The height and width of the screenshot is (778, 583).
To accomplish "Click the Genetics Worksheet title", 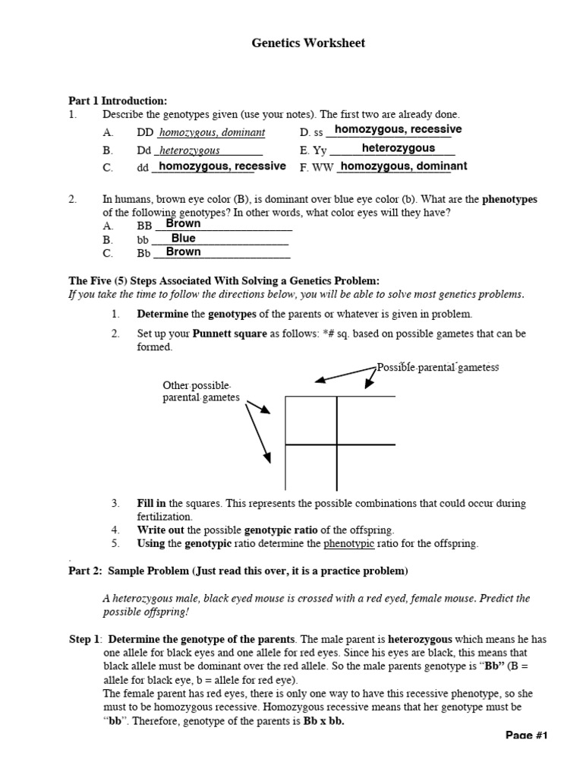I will click(x=308, y=43).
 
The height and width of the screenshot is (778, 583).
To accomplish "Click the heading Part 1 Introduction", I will click(x=118, y=101).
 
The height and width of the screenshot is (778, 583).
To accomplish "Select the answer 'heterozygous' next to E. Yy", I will click(x=398, y=148).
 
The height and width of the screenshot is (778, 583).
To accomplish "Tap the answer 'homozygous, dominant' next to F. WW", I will click(x=402, y=166).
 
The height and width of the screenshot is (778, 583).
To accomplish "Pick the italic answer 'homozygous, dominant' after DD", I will click(x=212, y=133).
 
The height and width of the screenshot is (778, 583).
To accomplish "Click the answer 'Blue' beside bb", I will click(x=183, y=239).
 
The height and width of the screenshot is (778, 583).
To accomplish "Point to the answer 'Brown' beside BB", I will click(x=183, y=224).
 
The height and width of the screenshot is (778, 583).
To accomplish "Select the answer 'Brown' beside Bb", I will click(x=183, y=252).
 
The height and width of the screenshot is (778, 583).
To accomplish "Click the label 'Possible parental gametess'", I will click(x=438, y=368).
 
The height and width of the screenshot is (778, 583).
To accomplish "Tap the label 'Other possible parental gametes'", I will click(x=201, y=391).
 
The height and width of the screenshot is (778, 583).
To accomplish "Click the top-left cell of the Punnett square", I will click(x=311, y=420).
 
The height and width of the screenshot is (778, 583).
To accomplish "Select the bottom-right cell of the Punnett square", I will click(x=365, y=466).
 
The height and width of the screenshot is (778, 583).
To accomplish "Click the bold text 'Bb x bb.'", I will click(x=323, y=721).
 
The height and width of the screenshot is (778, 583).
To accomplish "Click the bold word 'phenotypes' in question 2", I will click(x=509, y=200).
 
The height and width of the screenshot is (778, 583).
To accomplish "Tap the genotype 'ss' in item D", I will click(x=319, y=133).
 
